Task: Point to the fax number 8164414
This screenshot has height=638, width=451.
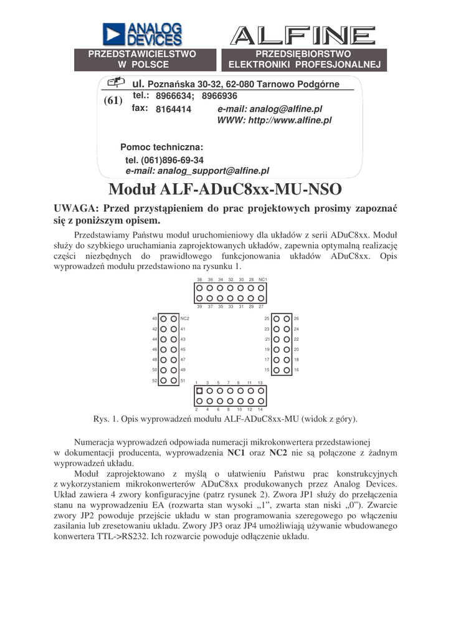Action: [x=173, y=109]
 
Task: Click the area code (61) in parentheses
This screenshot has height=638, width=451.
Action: [x=113, y=102]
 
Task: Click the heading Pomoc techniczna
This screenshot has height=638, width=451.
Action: [x=161, y=147]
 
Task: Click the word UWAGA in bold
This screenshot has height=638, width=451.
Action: [x=74, y=208]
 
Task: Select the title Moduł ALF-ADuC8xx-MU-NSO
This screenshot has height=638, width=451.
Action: [x=225, y=188]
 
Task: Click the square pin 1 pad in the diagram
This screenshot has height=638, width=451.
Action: [x=199, y=391]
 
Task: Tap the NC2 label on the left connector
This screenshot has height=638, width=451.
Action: [x=184, y=318]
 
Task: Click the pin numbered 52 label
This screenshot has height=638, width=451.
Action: [x=154, y=380]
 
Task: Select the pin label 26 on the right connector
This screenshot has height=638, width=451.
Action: [x=297, y=318]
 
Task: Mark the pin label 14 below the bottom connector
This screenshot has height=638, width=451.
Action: [x=260, y=409]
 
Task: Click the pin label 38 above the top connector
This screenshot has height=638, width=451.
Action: [x=199, y=280]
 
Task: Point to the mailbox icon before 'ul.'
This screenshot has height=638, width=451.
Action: [x=116, y=82]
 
